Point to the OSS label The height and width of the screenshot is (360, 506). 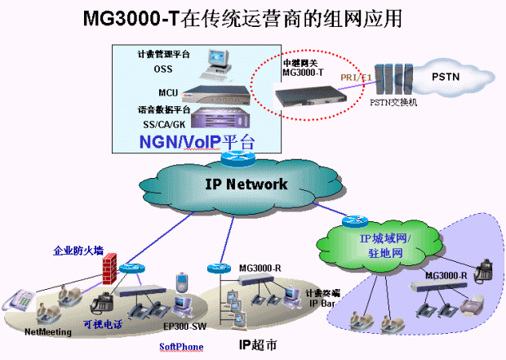click(163, 69)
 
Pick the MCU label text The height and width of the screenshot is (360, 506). click(167, 92)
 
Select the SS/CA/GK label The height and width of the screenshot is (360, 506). click(163, 123)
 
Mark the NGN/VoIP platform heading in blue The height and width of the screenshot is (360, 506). click(196, 141)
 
